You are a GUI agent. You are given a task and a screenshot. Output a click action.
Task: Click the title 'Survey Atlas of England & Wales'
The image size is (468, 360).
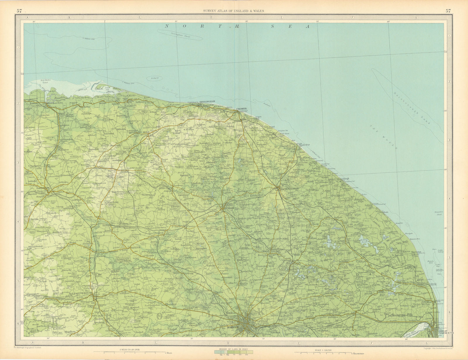click(x=234, y=11)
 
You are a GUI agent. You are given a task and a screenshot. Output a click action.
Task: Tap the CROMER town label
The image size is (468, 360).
click(x=241, y=109)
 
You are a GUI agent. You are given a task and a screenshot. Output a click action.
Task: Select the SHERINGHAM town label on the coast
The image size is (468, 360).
click(x=207, y=101)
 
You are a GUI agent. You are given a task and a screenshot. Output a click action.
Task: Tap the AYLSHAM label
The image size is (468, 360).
click(x=228, y=208)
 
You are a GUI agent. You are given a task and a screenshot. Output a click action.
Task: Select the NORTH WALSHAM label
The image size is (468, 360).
click(x=289, y=189)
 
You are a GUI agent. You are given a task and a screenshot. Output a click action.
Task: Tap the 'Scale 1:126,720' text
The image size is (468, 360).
click(x=320, y=349)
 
